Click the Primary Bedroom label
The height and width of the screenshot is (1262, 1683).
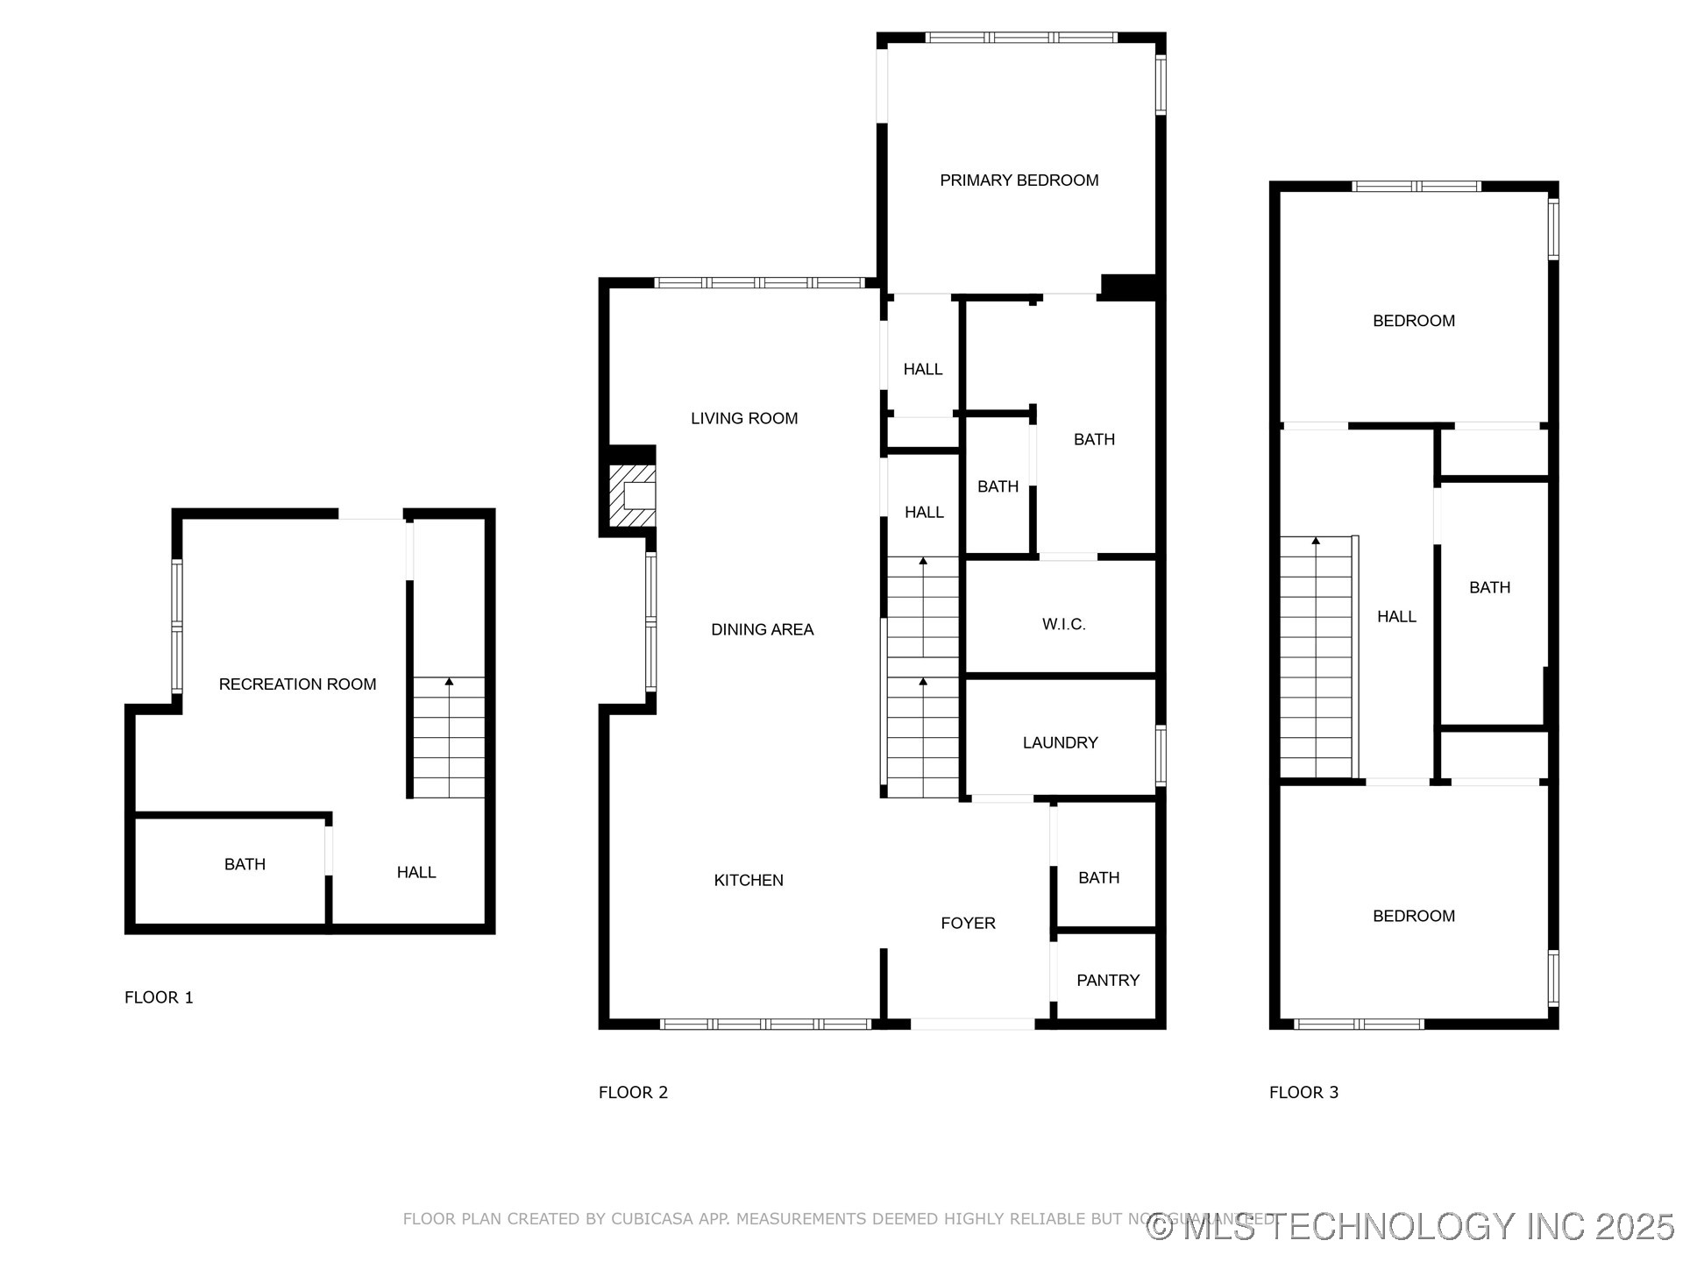point(1019,181)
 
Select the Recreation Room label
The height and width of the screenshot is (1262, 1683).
point(297,684)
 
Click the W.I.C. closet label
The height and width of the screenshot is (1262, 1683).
point(1063,624)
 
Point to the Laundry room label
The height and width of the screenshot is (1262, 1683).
point(1060,743)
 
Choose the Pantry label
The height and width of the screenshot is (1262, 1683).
point(1108,980)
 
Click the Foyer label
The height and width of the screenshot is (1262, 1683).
point(968,923)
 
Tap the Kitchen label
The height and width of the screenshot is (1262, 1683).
point(749,880)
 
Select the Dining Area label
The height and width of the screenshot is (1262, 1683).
point(762,629)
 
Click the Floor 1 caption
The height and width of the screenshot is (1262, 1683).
point(159,997)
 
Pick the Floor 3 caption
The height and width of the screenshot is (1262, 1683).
point(1303,1092)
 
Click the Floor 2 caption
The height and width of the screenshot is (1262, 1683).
point(633,1092)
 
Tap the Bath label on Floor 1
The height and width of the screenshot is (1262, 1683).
point(245,864)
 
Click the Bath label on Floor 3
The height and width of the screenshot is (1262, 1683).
point(1489,587)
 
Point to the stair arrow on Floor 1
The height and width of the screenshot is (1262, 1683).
point(449,682)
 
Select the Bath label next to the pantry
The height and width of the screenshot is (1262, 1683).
point(1098,877)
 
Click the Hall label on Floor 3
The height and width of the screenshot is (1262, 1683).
point(1396,616)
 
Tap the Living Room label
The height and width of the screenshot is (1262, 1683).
point(744,418)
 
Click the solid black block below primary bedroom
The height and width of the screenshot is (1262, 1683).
point(1129,287)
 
